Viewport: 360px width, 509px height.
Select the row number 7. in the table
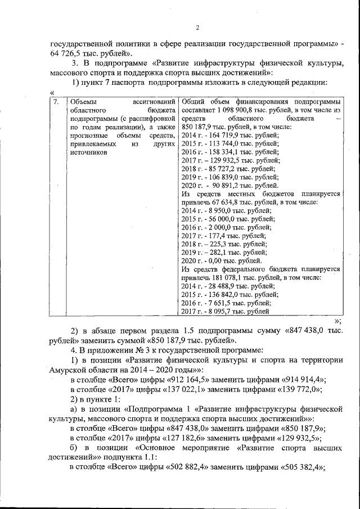click(x=56, y=102)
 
